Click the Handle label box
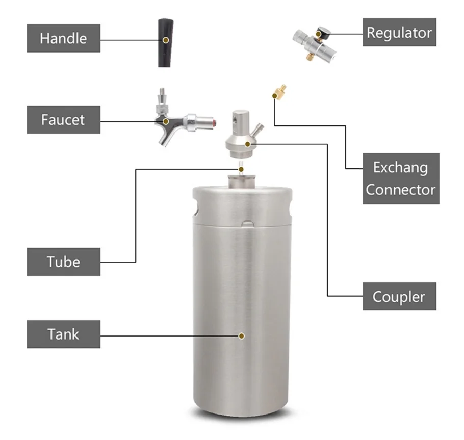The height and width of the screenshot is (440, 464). [63, 38]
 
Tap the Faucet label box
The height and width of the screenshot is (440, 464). [63, 120]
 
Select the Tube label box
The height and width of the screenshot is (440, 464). [63, 262]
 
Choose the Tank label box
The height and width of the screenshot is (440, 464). [63, 334]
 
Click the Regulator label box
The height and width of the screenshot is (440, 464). [399, 33]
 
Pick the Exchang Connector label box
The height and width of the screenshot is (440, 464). [401, 178]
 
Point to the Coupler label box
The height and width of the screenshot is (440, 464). [399, 296]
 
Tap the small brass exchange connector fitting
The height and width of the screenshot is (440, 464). [279, 92]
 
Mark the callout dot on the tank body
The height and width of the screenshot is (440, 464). [242, 335]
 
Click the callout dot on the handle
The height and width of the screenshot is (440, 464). [166, 39]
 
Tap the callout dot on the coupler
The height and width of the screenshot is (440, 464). [248, 144]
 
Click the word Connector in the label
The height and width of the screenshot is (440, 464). [401, 190]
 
